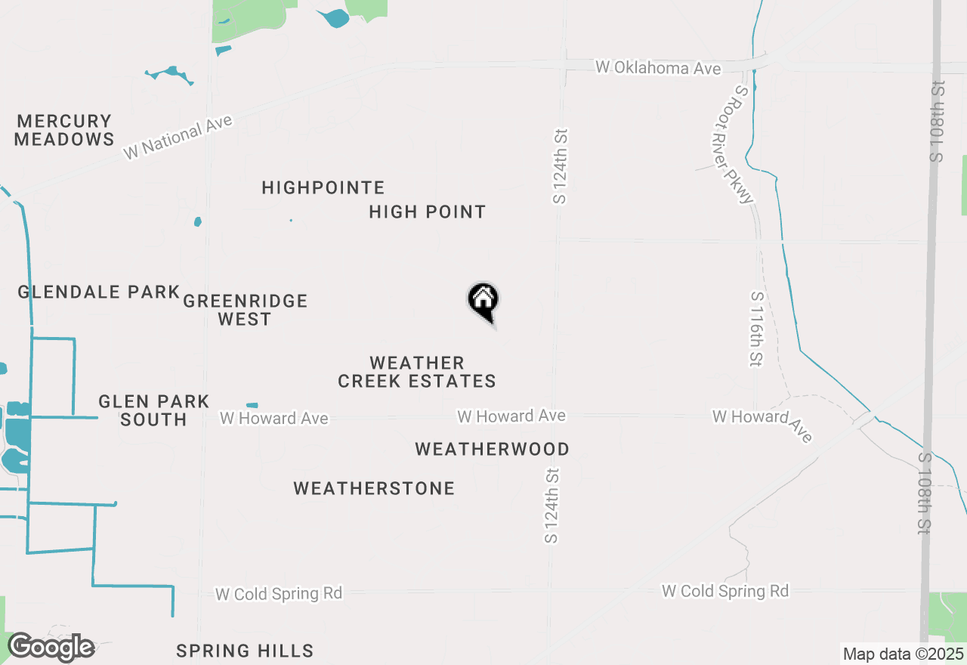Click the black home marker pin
point(483,301)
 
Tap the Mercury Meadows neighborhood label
point(64,130)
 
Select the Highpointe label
point(323,187)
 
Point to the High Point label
point(428,212)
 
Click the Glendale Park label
point(99,292)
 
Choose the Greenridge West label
point(246,310)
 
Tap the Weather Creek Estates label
point(417,372)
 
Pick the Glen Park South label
point(153,410)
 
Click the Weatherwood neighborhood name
point(493,450)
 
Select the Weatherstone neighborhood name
point(375,489)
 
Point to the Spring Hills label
point(245,651)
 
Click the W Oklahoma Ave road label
point(658,68)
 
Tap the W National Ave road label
point(179,137)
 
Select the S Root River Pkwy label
point(733,144)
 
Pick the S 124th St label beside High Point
point(560,166)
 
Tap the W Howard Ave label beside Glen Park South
point(274,418)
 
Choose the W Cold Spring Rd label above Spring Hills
point(279,594)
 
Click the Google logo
point(51,648)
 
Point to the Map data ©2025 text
point(904,654)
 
